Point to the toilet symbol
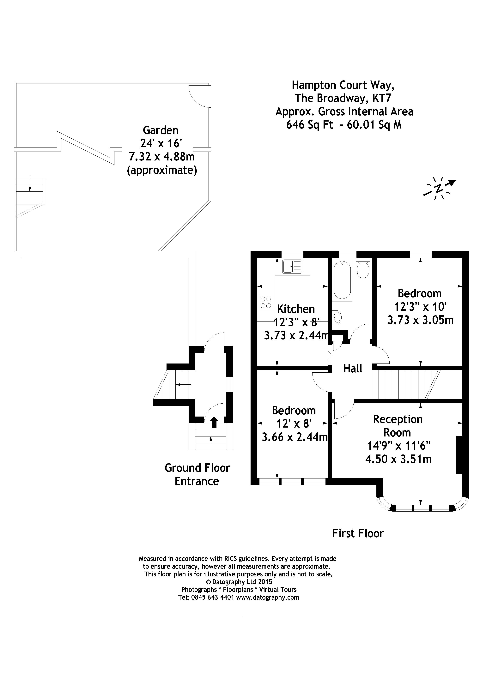[363, 268]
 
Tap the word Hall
[353, 369]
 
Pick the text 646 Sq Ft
[309, 125]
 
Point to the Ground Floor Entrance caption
[197, 474]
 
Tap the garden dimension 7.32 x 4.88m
[162, 156]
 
